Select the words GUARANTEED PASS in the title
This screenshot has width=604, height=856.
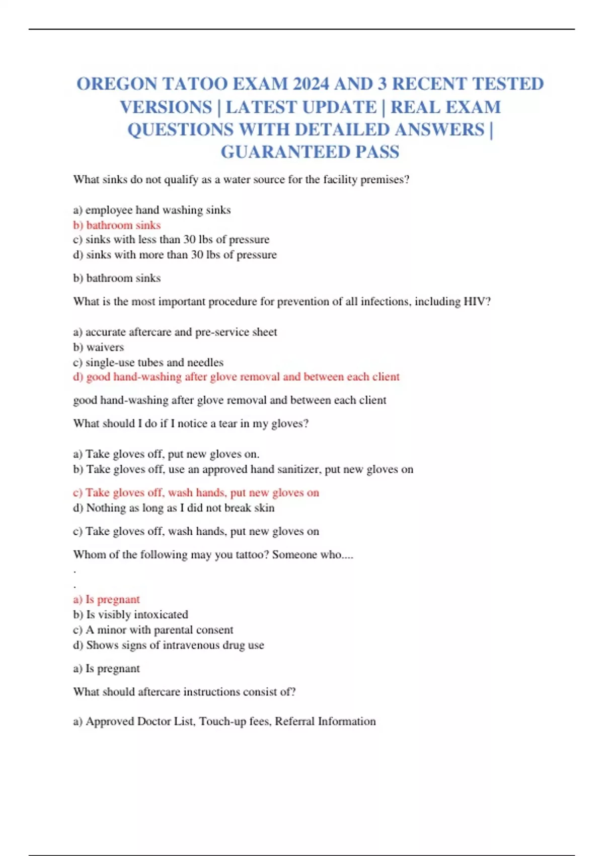(x=310, y=152)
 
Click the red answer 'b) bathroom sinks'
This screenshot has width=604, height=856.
(x=117, y=225)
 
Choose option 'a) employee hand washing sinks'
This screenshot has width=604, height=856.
(x=152, y=210)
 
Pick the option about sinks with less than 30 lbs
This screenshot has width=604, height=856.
(x=171, y=239)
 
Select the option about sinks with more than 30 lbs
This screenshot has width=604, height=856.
(x=175, y=255)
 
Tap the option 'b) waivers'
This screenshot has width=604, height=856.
(x=98, y=347)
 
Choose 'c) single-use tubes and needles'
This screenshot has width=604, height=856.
(x=148, y=363)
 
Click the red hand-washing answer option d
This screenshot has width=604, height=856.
(x=236, y=377)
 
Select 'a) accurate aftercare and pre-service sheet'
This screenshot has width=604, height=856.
(x=175, y=332)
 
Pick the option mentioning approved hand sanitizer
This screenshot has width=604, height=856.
(x=243, y=469)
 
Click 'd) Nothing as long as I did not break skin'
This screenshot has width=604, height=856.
(x=174, y=508)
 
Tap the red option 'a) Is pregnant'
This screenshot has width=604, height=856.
(x=106, y=599)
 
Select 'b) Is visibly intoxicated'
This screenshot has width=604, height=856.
(x=130, y=614)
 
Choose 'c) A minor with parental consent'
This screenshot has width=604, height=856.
(x=153, y=630)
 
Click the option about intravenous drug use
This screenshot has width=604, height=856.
(x=168, y=645)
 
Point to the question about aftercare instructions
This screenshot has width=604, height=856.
(x=184, y=692)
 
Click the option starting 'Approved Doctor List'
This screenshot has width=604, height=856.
(x=224, y=722)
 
